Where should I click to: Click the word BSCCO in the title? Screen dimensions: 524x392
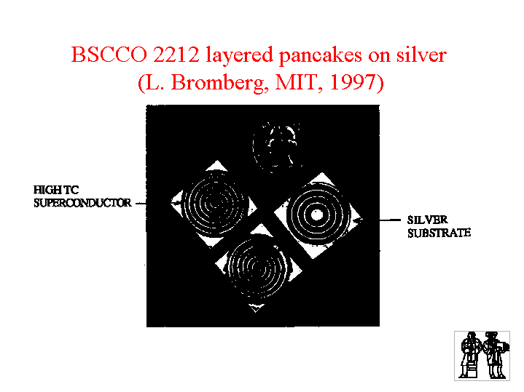pos(109,55)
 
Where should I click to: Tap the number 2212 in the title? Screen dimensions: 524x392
pos(176,55)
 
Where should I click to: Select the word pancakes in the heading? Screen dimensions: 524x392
pos(321,56)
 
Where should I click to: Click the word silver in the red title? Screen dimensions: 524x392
pos(422,55)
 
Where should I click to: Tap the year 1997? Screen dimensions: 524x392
pos(353,82)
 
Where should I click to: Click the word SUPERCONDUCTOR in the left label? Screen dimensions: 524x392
pos(82,203)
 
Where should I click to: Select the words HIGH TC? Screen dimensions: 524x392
pos(56,190)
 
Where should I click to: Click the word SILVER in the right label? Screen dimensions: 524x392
pos(427,220)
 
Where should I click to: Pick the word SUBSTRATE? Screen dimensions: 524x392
pos(439,233)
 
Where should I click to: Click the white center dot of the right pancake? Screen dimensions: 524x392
pos(317,215)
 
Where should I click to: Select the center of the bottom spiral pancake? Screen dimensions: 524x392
pos(257,267)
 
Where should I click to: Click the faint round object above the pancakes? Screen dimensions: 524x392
pos(277,147)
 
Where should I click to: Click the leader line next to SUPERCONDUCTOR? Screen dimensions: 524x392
pos(141,203)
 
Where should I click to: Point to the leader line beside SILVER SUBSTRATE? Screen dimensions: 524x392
pos(390,220)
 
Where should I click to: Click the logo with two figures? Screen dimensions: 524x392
pos(482,356)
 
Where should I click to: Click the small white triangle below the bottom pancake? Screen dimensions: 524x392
pos(256,308)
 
